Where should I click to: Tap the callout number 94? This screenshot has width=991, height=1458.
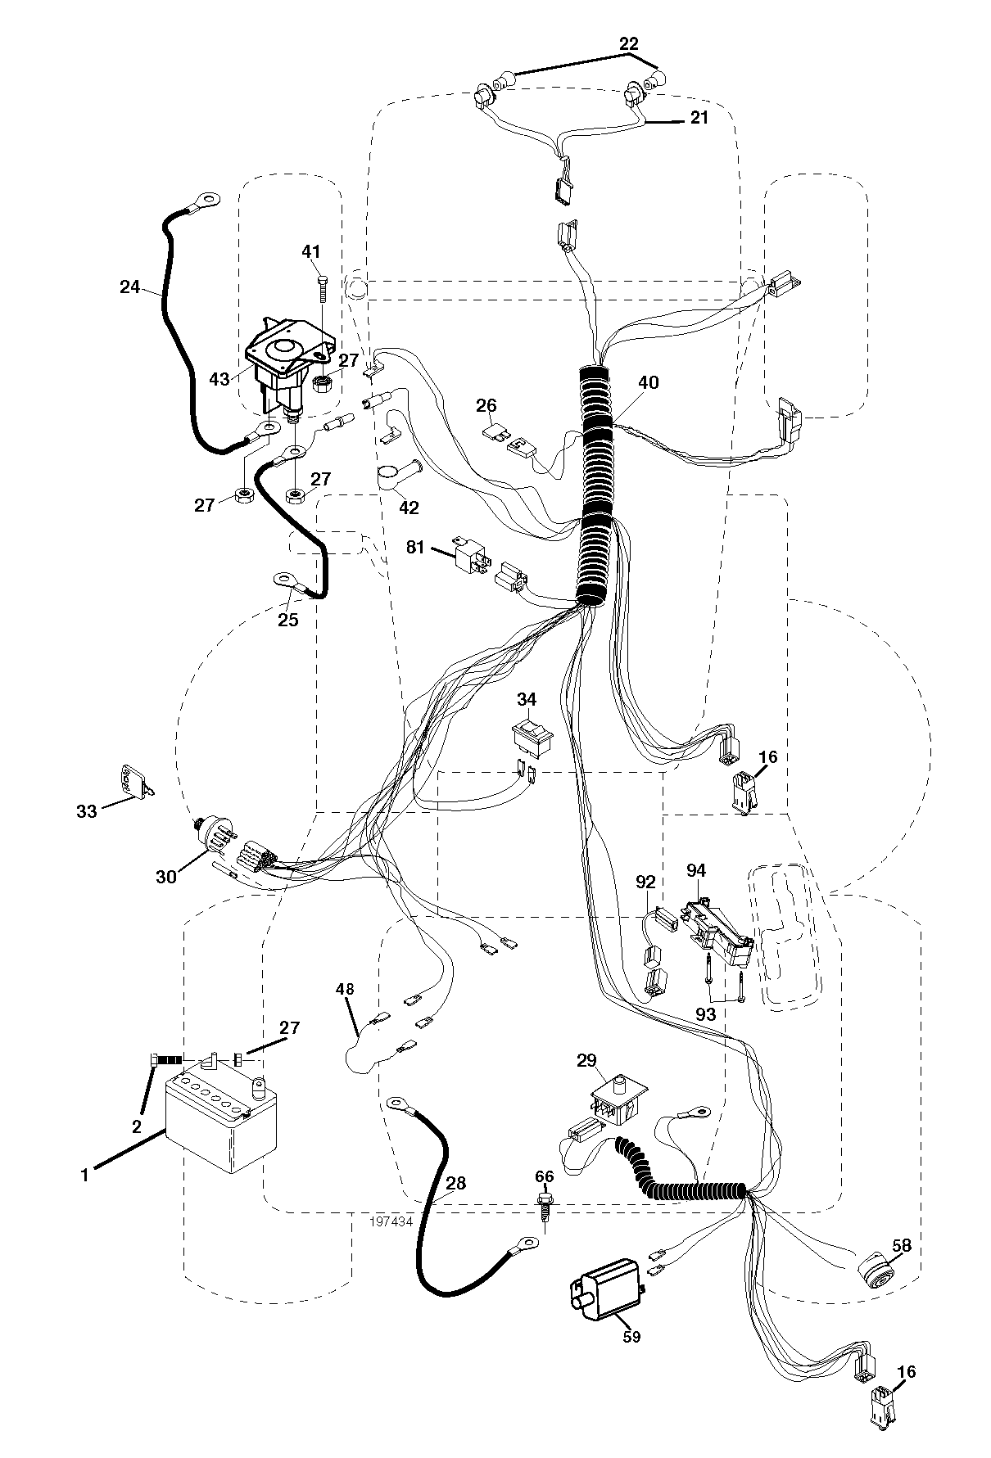click(696, 870)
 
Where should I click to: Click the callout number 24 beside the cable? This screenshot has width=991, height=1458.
click(129, 287)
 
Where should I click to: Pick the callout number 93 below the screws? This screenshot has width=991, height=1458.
click(705, 1014)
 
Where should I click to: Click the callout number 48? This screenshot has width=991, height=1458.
click(345, 989)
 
